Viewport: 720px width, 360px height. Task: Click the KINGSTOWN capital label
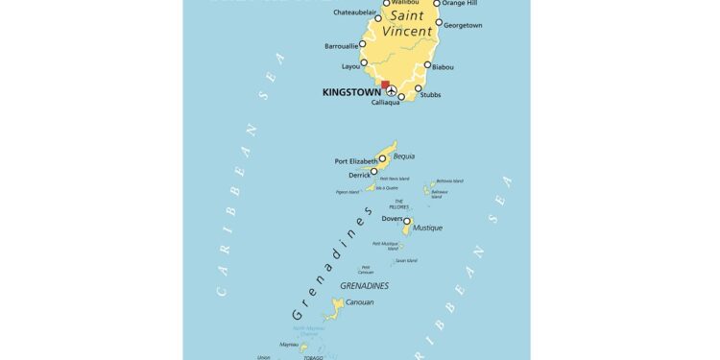coord(350,92)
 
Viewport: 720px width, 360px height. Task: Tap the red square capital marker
coord(386,85)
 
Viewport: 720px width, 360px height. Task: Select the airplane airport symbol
coord(391,92)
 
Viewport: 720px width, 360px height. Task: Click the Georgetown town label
coord(461,25)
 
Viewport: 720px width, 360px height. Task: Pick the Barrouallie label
coord(343,45)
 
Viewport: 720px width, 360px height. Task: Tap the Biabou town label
coord(444,67)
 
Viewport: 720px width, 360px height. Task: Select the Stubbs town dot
coord(419,88)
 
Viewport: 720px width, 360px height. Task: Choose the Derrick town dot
coord(374,172)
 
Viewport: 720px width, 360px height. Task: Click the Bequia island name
coord(405,156)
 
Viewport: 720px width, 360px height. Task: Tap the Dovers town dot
coord(406,221)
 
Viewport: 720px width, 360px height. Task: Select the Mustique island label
coord(428,228)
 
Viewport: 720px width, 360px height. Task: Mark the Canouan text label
coord(359,302)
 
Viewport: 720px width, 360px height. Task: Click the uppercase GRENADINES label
coord(365,286)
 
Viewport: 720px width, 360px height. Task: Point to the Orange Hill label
coord(459,3)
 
